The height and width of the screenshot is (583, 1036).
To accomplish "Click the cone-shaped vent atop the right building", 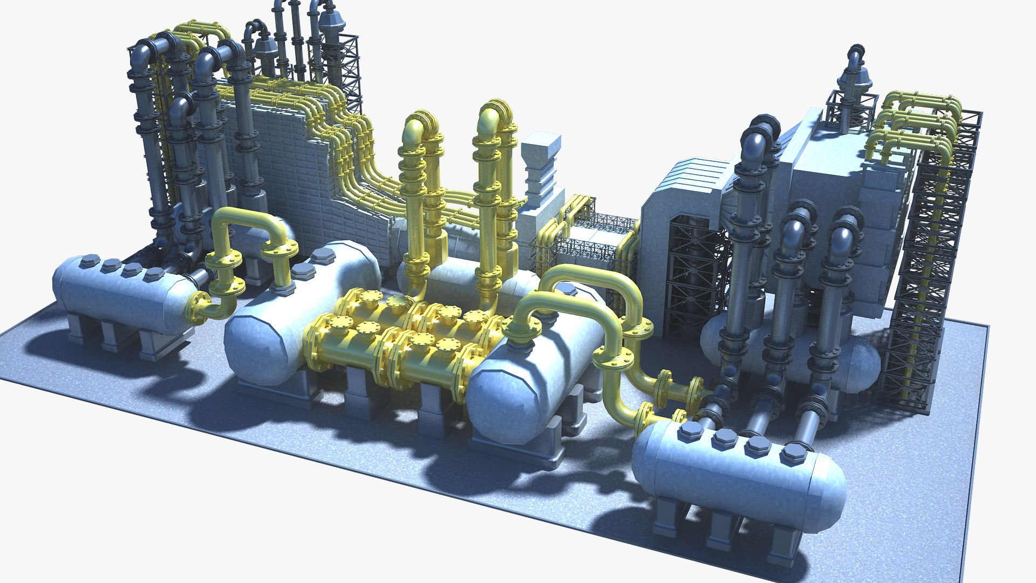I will pyautogui.click(x=854, y=81).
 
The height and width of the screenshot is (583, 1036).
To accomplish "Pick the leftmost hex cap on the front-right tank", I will pyautogui.click(x=690, y=431).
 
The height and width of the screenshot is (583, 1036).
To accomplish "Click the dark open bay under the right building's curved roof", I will pyautogui.click(x=693, y=270).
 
